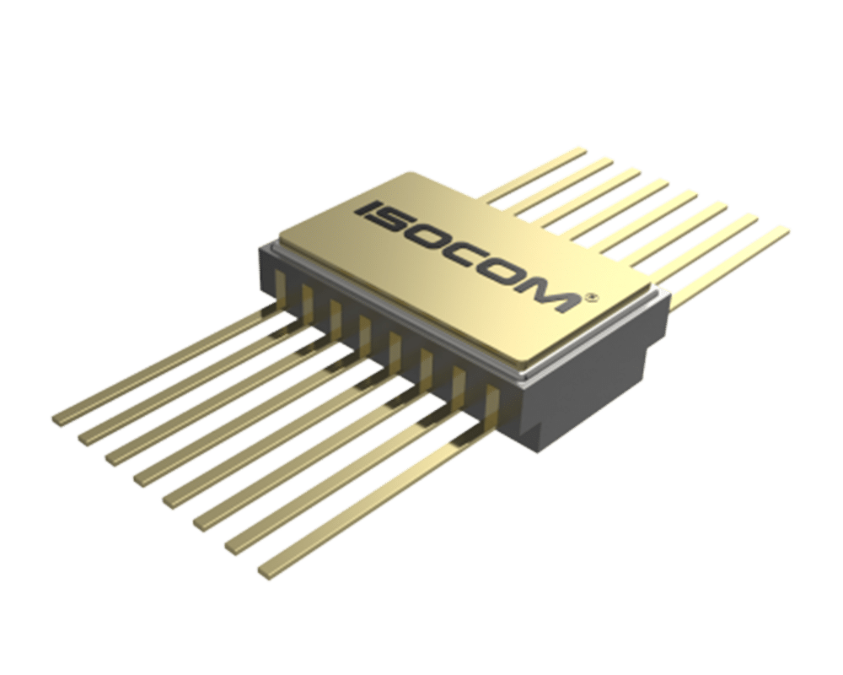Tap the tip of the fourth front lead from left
point(140,478)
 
